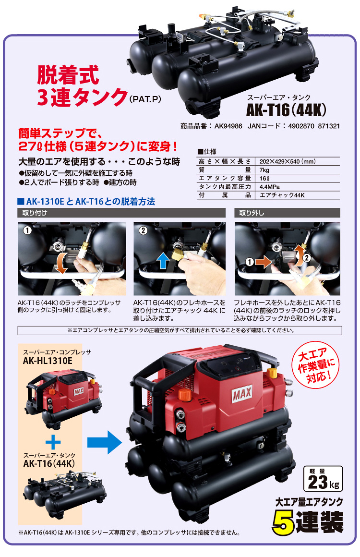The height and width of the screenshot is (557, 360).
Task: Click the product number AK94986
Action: tap(224, 126)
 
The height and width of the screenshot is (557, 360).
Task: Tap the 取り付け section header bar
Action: tap(121, 212)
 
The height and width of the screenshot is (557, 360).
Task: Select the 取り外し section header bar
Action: tap(287, 212)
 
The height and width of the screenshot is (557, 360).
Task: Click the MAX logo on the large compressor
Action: tap(244, 397)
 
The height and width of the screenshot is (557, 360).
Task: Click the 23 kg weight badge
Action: tap(324, 479)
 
